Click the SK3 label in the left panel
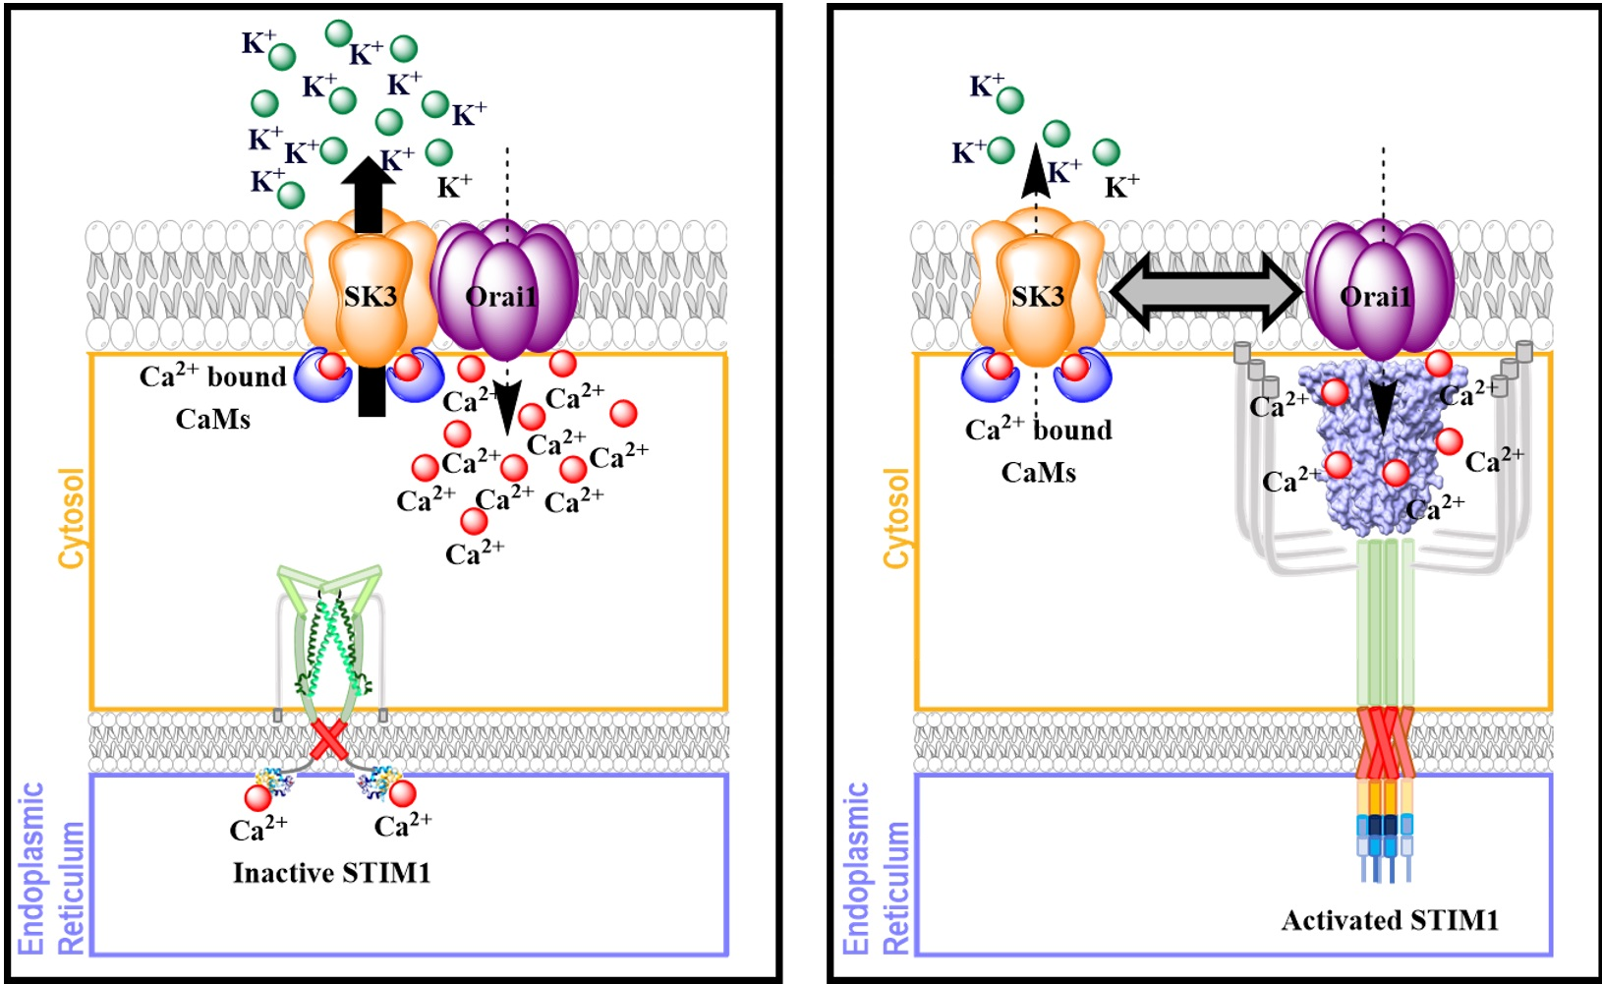point(370,296)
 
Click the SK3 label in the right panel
point(1037,296)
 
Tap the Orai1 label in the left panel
point(501,296)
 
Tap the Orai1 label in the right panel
point(1375,296)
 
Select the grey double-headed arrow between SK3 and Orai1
point(1206,291)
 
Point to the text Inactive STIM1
point(331,873)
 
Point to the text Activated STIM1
point(1390,921)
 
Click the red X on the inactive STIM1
point(328,740)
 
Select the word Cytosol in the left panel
point(72,518)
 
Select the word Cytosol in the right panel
point(895,518)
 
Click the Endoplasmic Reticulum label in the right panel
point(877,869)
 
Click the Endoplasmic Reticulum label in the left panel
point(52,869)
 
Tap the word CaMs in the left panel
point(212,420)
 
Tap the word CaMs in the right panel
point(1038,473)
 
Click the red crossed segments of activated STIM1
point(1384,742)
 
